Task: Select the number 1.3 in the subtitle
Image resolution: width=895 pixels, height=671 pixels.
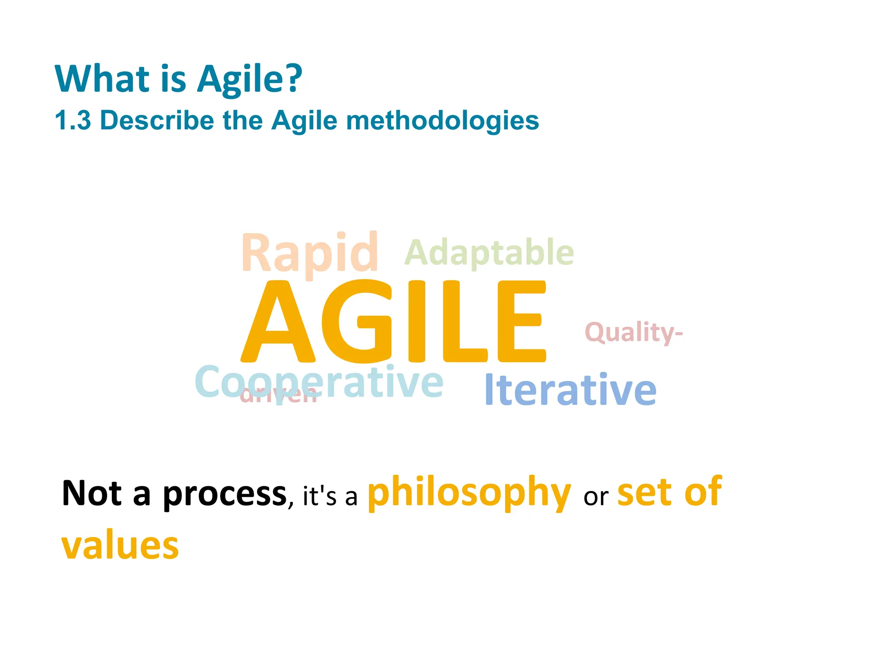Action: (x=73, y=121)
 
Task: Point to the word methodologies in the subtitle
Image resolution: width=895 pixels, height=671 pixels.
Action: (x=442, y=121)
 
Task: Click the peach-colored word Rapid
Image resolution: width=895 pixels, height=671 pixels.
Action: (x=309, y=254)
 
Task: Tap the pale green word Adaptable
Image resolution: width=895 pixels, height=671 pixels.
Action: (x=489, y=253)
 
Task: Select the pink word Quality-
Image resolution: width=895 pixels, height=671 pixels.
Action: (x=633, y=332)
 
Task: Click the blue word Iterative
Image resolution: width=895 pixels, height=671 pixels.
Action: (x=570, y=390)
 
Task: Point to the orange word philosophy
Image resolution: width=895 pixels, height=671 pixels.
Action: (x=469, y=493)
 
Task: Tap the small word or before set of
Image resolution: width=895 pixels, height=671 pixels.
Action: (x=596, y=497)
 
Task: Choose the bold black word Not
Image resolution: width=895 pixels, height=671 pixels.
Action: (x=92, y=494)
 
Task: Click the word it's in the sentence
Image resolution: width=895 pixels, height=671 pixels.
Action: (x=319, y=497)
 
